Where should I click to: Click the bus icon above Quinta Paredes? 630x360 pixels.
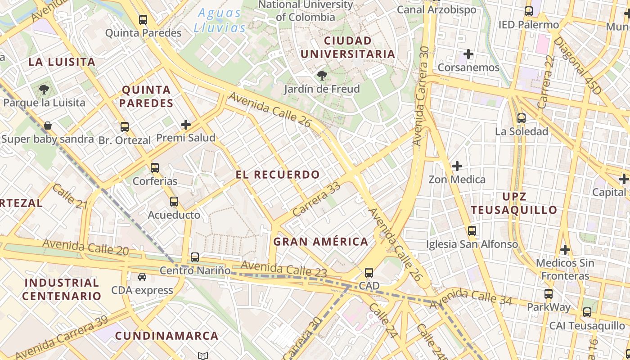(143, 20)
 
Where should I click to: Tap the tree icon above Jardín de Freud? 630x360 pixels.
(322, 75)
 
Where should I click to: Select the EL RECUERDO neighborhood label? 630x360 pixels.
(278, 175)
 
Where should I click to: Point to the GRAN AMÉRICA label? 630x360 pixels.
(321, 242)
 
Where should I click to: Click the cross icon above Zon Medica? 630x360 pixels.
(457, 166)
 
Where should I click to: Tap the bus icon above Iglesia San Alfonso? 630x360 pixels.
(472, 231)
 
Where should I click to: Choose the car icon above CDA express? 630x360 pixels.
(142, 277)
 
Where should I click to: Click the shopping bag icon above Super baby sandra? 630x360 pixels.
(47, 126)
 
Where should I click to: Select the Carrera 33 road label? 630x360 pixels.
(316, 199)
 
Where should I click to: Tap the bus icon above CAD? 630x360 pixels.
(369, 272)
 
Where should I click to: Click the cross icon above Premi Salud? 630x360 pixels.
(186, 125)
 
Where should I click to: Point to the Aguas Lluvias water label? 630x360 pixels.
(220, 20)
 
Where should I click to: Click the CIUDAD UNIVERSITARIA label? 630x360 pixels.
(347, 47)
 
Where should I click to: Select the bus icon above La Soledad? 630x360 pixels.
(522, 118)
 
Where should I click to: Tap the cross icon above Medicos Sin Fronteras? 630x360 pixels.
(565, 249)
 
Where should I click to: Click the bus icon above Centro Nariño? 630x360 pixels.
(195, 257)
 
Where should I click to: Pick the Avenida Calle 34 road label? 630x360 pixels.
(471, 297)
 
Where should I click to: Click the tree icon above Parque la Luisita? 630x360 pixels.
(44, 89)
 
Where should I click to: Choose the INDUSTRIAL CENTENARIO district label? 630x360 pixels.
(62, 289)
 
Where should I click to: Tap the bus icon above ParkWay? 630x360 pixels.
(549, 294)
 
